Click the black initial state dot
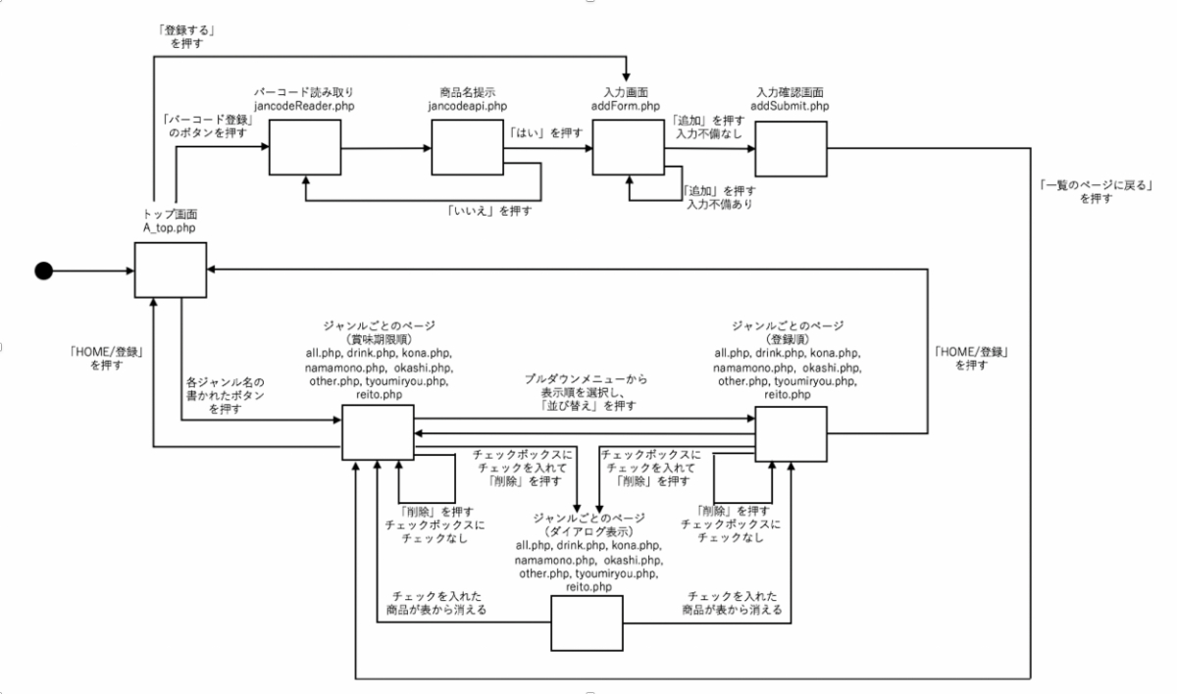pyautogui.click(x=43, y=272)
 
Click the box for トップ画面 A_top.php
pyautogui.click(x=170, y=271)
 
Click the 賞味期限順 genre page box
pyautogui.click(x=377, y=432)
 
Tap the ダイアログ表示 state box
pyautogui.click(x=587, y=623)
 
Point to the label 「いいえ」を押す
pyautogui.click(x=486, y=210)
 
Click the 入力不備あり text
pyautogui.click(x=724, y=205)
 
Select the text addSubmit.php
pyautogui.click(x=790, y=105)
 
